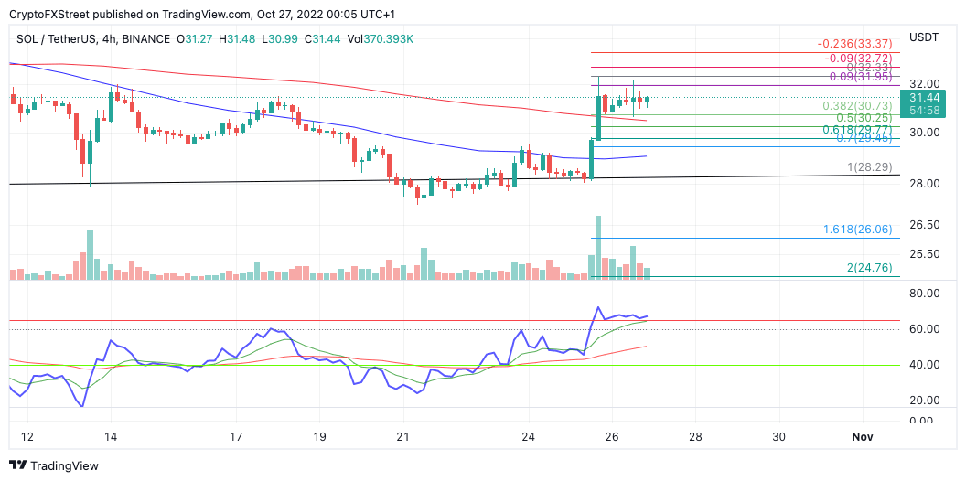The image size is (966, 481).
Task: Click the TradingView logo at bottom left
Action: coord(53,465)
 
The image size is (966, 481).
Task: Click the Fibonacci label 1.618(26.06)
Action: coord(856,230)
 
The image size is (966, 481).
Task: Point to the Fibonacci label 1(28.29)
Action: coord(870,167)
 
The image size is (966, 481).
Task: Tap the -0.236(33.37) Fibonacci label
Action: coord(853,43)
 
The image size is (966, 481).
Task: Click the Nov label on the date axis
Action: coord(863,436)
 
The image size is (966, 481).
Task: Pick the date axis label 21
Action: coord(403,436)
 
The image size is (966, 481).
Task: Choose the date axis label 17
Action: coord(236,436)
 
